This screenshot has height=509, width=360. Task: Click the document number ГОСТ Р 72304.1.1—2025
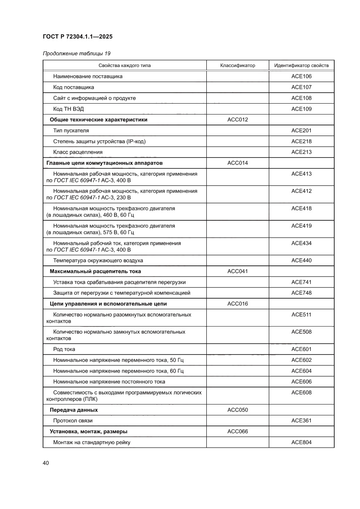coord(81,37)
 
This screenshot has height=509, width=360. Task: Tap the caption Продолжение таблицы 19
coord(76,54)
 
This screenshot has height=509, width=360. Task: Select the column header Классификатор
coord(237,66)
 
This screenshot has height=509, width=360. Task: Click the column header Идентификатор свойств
coord(301,66)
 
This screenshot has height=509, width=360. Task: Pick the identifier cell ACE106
coord(301,76)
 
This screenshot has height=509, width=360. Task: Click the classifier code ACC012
coord(237,120)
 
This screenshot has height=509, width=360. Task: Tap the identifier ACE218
coord(301,142)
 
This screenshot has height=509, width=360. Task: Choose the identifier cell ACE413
coord(301,174)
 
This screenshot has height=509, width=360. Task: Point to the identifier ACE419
coord(301,226)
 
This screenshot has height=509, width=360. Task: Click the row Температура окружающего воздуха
coord(98,260)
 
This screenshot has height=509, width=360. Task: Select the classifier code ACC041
coord(237,271)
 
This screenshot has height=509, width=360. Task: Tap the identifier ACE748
coord(301,293)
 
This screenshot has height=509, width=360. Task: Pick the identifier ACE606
coord(301,382)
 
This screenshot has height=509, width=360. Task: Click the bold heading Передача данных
coord(74,410)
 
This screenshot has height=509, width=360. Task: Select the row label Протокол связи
coord(73,421)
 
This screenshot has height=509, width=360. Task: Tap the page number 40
coord(45,462)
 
